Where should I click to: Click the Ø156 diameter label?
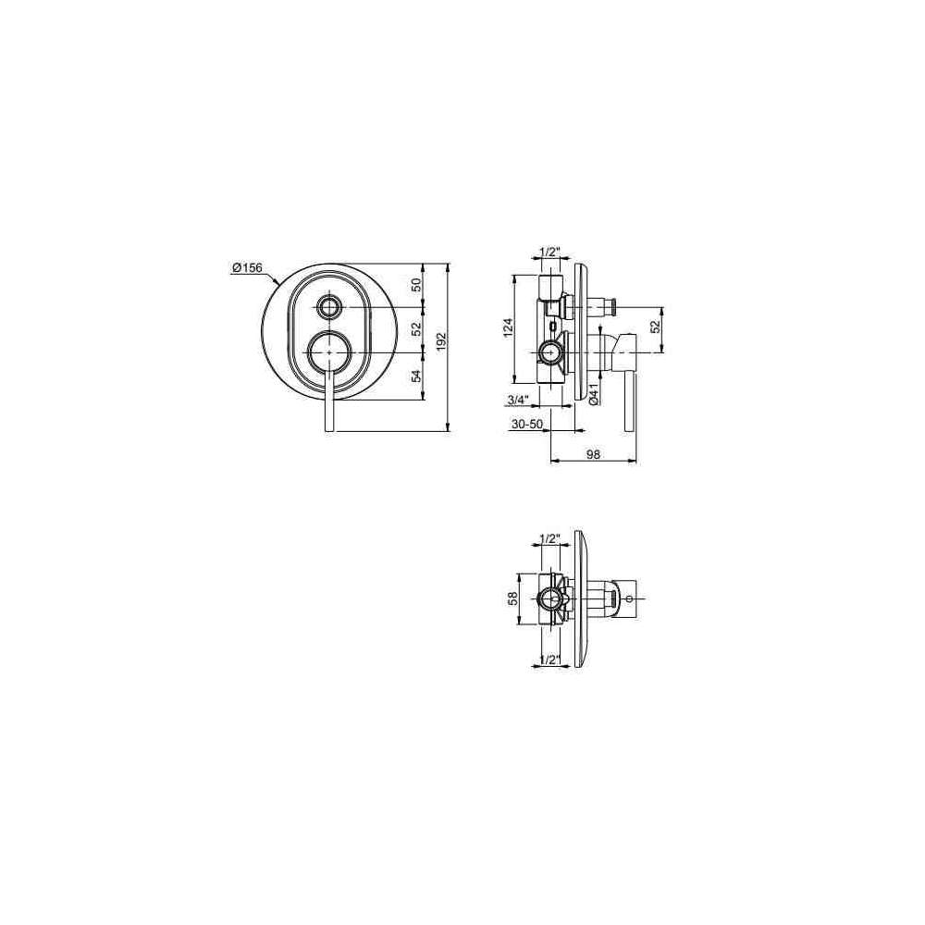pos(247,268)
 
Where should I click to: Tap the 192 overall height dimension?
pos(442,342)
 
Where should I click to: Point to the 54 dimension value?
pos(416,376)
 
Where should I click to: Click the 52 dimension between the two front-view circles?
pos(416,328)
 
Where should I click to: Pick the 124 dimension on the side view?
pos(509,328)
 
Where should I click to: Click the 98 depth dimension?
pos(593,453)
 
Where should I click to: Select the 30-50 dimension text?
pos(527,425)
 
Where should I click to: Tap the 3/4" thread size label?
pos(517,400)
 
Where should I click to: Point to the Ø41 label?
pos(594,393)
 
